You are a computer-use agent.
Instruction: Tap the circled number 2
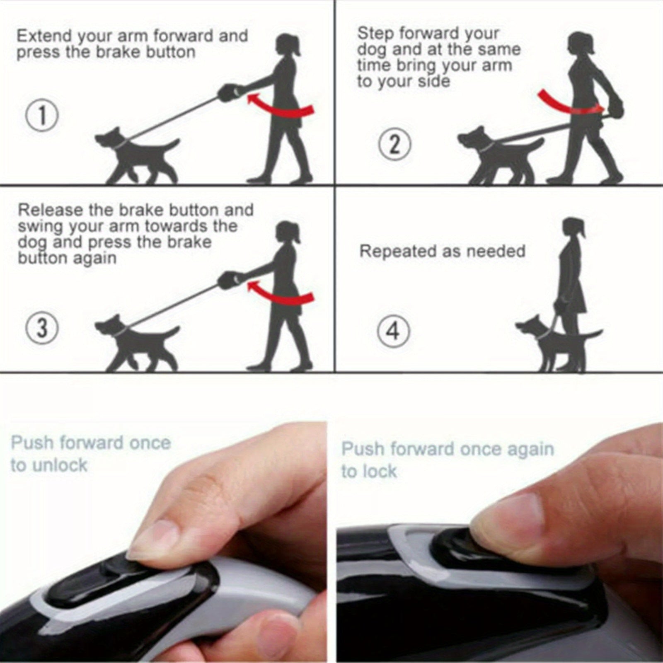[395, 145]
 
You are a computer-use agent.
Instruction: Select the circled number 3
[42, 329]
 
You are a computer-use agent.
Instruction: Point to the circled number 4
[393, 331]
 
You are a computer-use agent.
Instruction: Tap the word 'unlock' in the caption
[60, 465]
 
